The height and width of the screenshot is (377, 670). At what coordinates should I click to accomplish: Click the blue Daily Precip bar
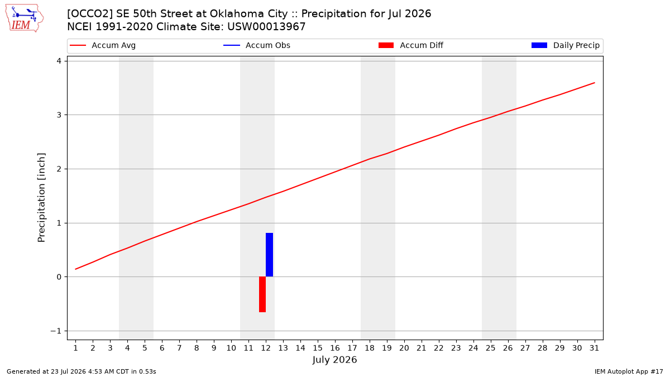pyautogui.click(x=269, y=255)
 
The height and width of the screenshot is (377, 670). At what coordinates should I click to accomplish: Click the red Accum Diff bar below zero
pyautogui.click(x=262, y=294)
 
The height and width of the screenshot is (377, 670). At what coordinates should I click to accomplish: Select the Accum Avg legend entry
pyautogui.click(x=103, y=45)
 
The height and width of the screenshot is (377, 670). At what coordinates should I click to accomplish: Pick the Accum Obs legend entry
pyautogui.click(x=257, y=45)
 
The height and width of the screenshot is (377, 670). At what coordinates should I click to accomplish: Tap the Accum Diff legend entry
pyautogui.click(x=411, y=45)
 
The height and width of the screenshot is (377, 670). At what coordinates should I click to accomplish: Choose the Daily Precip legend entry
pyautogui.click(x=565, y=45)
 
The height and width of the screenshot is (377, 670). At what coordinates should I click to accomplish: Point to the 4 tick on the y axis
pyautogui.click(x=59, y=61)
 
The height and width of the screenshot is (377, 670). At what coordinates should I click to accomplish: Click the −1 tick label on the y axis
pyautogui.click(x=56, y=331)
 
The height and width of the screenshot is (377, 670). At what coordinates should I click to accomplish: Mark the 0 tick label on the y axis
pyautogui.click(x=59, y=277)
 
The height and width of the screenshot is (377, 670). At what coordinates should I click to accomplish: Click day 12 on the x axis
pyautogui.click(x=266, y=348)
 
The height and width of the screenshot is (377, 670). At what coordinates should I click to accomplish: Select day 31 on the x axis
pyautogui.click(x=594, y=348)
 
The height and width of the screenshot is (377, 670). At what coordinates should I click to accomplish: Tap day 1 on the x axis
pyautogui.click(x=75, y=348)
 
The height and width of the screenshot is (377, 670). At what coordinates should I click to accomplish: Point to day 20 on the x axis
pyautogui.click(x=404, y=348)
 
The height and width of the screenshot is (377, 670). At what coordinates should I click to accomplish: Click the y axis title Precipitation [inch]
pyautogui.click(x=41, y=198)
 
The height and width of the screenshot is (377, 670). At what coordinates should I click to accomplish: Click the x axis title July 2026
pyautogui.click(x=334, y=360)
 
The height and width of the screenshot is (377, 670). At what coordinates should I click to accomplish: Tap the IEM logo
pyautogui.click(x=25, y=18)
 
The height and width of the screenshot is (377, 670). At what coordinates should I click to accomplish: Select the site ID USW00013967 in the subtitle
pyautogui.click(x=266, y=27)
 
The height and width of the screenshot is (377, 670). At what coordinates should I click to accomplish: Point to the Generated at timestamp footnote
pyautogui.click(x=82, y=371)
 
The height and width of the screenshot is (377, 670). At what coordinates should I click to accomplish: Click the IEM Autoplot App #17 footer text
pyautogui.click(x=629, y=371)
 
